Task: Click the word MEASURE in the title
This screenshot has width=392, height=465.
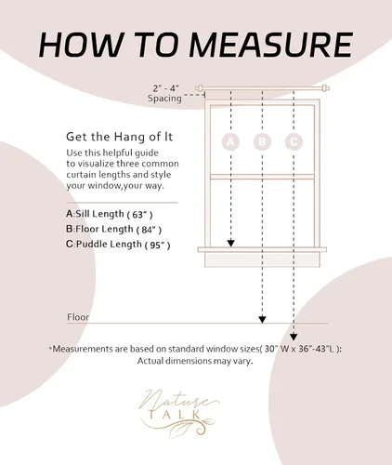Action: coord(270,45)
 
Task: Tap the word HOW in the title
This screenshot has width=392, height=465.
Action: coord(81,45)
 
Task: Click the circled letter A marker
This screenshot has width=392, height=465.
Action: coord(230,141)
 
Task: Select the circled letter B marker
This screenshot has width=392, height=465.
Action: coord(262,141)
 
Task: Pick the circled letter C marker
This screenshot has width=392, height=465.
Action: coord(294,141)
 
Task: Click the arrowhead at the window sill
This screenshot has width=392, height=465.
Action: coord(230,243)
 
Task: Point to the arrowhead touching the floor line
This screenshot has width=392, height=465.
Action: coord(262,319)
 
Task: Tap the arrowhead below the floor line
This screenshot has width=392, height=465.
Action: coord(294,337)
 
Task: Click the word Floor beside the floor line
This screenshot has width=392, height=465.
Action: coord(78,317)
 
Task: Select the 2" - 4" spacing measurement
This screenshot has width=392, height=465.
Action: coord(166,88)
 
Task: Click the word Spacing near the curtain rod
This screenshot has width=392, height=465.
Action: coord(164,99)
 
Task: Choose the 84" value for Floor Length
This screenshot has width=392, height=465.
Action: coord(149,230)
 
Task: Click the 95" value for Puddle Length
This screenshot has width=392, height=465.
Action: coord(157,245)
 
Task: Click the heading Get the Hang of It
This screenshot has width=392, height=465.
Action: coord(119,137)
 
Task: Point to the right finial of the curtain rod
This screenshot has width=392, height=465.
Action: coord(326,88)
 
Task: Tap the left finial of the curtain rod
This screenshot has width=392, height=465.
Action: coord(199,88)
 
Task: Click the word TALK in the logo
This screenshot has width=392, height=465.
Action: coord(176,415)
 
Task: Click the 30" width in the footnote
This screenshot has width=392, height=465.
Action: coord(271,349)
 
